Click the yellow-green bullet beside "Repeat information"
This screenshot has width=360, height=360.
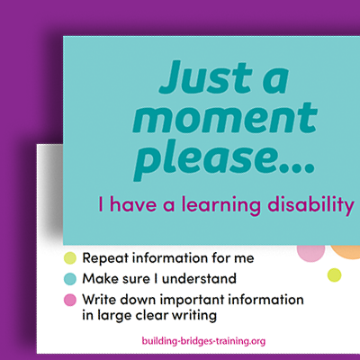tap(69, 258)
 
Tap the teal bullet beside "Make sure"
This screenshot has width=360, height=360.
tap(69, 279)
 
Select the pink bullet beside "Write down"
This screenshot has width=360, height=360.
tap(69, 299)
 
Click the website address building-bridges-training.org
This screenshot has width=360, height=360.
tap(203, 342)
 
